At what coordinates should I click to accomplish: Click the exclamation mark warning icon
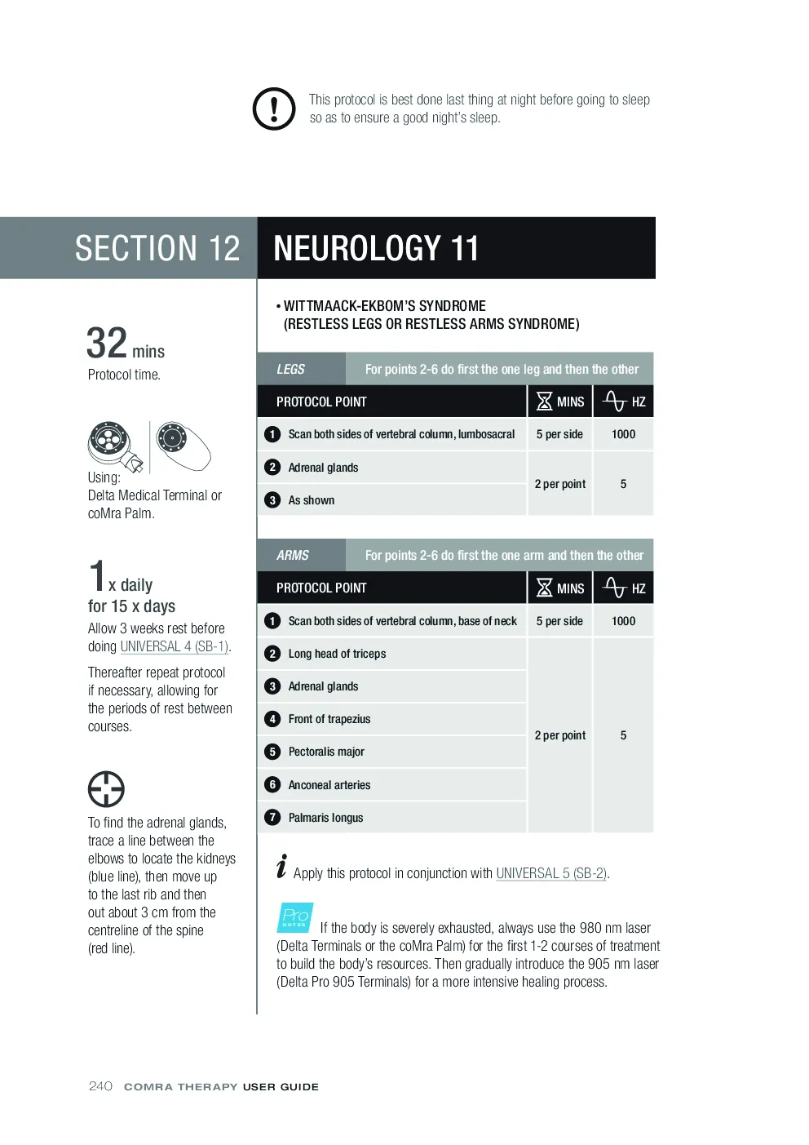(x=274, y=109)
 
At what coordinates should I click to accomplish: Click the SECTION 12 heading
(x=157, y=248)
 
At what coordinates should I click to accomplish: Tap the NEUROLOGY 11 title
(x=376, y=248)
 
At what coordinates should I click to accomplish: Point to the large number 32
(x=106, y=343)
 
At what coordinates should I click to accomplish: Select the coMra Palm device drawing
(x=183, y=446)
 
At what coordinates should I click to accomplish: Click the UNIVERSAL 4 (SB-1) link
(x=175, y=646)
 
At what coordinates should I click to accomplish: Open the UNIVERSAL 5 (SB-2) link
(x=551, y=873)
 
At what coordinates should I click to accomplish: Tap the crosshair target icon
(x=106, y=788)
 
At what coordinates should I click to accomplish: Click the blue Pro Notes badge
(x=295, y=917)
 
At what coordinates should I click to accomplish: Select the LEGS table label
(x=290, y=369)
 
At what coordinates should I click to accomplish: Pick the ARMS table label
(x=292, y=555)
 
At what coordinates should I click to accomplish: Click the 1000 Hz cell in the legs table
(x=623, y=434)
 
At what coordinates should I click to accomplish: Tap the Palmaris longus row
(x=391, y=818)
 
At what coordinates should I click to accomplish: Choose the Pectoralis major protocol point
(x=326, y=752)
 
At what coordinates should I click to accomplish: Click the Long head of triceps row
(x=391, y=653)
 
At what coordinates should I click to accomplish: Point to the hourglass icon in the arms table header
(x=545, y=588)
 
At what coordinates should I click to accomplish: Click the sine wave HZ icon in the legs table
(x=614, y=402)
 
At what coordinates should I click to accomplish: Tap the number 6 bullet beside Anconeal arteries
(x=272, y=784)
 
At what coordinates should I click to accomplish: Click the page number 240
(x=100, y=1086)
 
